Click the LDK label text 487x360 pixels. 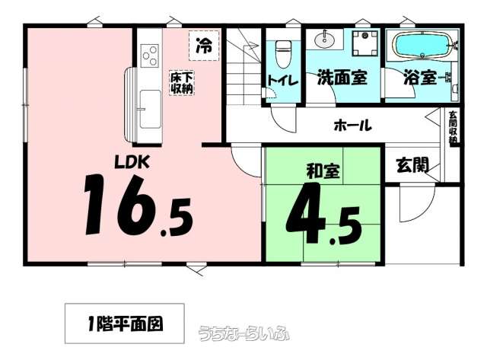click(x=132, y=162)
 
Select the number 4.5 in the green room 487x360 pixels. click(x=323, y=213)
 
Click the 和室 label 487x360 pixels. click(x=323, y=171)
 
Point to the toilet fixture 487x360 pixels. click(x=282, y=53)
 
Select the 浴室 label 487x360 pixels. click(x=420, y=78)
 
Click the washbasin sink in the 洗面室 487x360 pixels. click(x=325, y=40)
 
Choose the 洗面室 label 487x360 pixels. click(x=342, y=78)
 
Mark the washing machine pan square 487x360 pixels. click(x=365, y=43)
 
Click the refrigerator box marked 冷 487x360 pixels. click(x=204, y=46)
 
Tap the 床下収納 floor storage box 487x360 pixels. click(x=182, y=83)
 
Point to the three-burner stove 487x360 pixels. click(x=149, y=56)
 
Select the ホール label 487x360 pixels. click(x=352, y=126)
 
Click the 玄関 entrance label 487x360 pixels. click(x=412, y=165)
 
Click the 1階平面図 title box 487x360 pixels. click(x=125, y=323)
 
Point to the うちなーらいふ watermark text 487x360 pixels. click(x=243, y=333)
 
